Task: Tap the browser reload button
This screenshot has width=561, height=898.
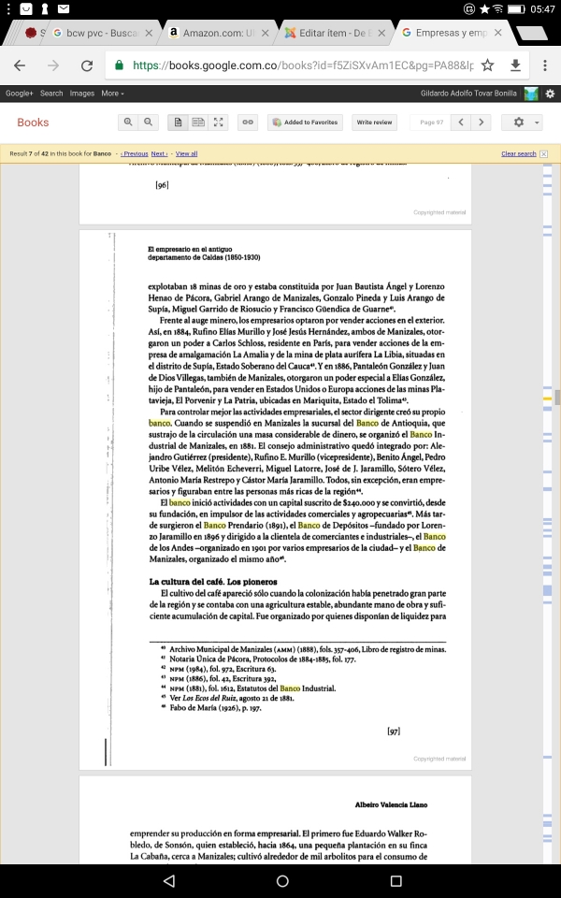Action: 87,66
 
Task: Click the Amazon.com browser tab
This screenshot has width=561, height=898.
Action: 211,33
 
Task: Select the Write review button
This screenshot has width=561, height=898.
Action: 375,123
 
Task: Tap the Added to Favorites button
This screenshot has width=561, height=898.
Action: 304,123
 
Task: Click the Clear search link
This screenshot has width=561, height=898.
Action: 518,153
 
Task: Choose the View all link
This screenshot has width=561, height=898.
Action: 186,153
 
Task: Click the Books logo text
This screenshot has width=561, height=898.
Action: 33,123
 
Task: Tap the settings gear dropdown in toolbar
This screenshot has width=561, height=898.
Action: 521,123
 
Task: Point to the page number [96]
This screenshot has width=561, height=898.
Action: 162,185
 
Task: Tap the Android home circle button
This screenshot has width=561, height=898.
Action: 281,880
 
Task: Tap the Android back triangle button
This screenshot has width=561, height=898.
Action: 168,880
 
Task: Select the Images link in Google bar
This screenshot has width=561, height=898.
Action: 81,94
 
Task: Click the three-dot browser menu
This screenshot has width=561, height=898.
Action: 545,66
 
